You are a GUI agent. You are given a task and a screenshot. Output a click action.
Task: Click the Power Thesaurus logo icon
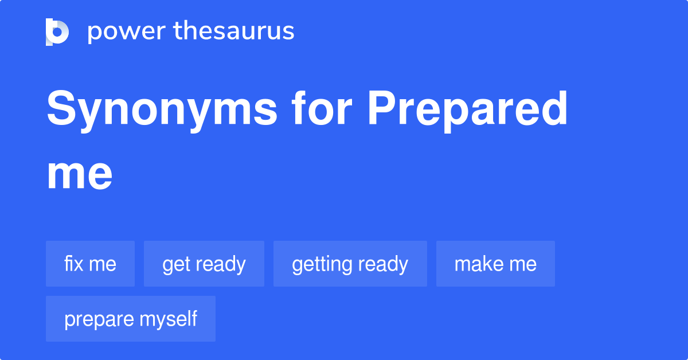(x=57, y=32)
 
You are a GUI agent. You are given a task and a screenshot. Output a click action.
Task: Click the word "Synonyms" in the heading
(x=162, y=110)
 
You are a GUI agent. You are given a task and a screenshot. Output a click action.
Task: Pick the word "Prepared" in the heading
(x=467, y=110)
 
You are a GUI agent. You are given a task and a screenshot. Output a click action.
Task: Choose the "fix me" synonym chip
(x=90, y=264)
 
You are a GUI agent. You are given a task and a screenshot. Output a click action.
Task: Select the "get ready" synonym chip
(x=204, y=264)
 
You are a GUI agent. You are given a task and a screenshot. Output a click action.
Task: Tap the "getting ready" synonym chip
(x=350, y=264)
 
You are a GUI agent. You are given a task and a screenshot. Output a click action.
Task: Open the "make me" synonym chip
(x=495, y=264)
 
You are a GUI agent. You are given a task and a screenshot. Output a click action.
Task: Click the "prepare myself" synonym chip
(x=130, y=319)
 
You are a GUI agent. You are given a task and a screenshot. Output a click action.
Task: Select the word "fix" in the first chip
(x=73, y=264)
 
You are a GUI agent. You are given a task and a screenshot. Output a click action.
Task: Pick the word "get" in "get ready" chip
(x=174, y=264)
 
